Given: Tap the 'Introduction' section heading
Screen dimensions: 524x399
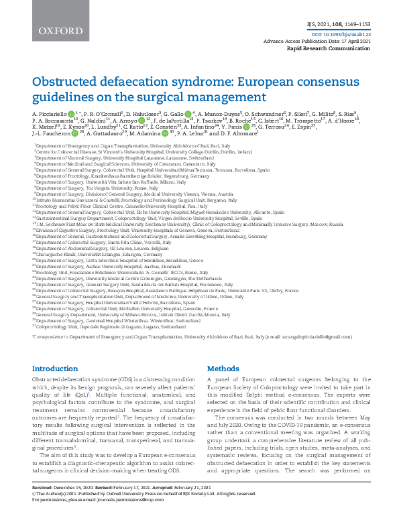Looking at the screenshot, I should point(56,369).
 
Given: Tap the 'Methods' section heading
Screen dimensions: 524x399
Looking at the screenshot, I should point(223,369).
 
